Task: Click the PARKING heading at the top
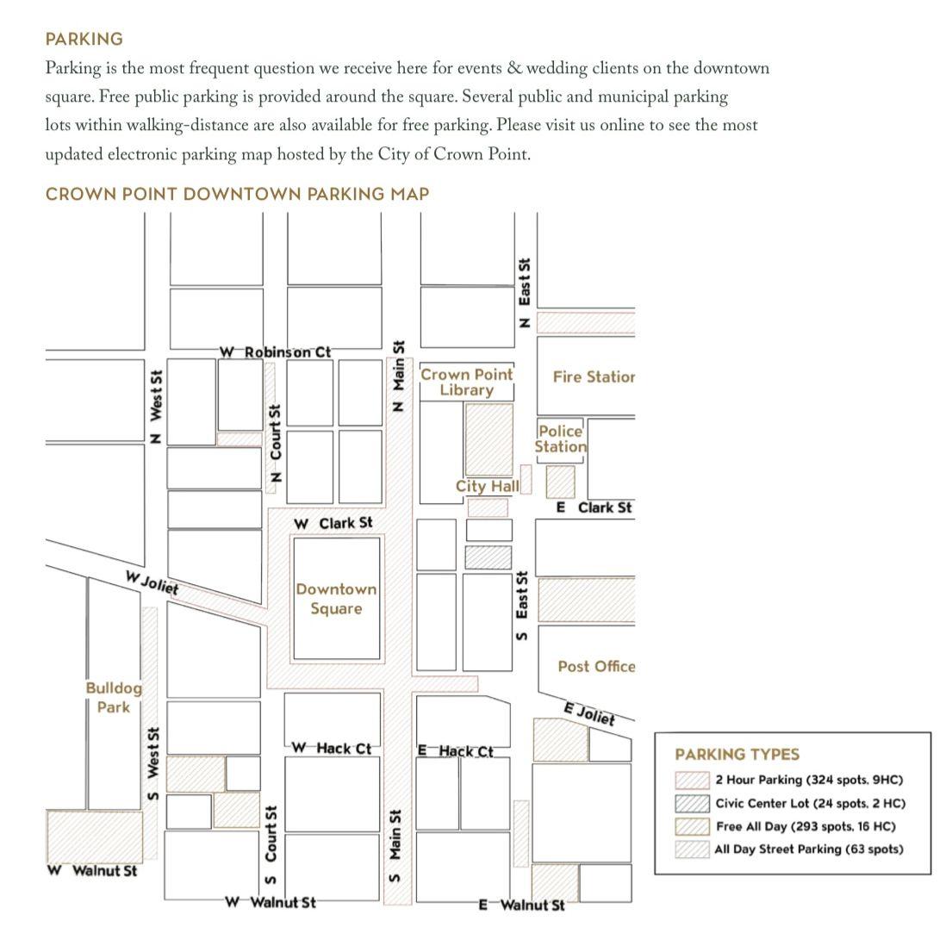coord(84,40)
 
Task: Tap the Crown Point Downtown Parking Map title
coord(238,195)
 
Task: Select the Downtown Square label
coord(336,599)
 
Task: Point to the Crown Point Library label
coord(466,382)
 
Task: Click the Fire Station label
coord(594,377)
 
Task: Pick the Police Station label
coord(560,439)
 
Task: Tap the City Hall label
coord(488,486)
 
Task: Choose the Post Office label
coord(596,667)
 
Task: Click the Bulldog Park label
coord(114,698)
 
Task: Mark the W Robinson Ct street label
coord(275,352)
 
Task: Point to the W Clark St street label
coord(333,523)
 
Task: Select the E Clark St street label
coord(594,507)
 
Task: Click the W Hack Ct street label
coord(331,749)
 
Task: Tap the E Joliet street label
coord(589,714)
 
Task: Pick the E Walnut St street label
coord(521,905)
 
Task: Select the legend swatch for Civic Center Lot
coord(692,804)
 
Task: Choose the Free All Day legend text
coord(806,827)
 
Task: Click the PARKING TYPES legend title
coord(737,755)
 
